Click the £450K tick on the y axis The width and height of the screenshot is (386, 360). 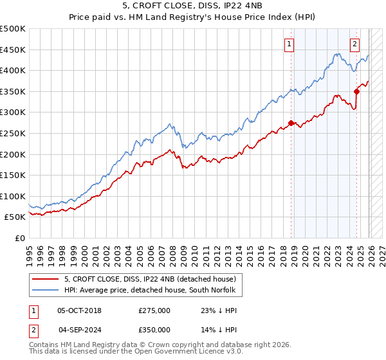pos(13,50)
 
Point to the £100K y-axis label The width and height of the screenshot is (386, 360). pos(13,196)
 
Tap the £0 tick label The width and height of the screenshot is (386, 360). pos(19,238)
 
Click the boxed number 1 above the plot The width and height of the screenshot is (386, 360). pos(290,44)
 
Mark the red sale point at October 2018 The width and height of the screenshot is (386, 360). pos(291,123)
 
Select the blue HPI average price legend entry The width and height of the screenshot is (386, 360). pos(151,291)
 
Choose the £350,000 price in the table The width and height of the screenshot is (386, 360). pos(154,329)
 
